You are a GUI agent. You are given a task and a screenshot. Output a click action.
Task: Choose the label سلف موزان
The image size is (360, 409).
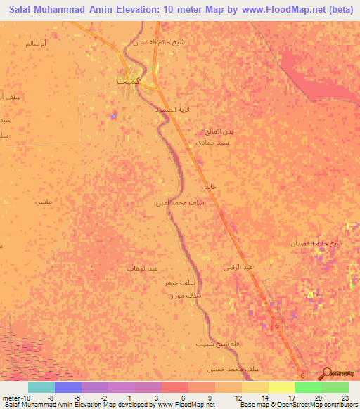[x=185, y=297]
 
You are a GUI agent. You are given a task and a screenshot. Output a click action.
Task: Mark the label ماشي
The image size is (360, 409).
[x=44, y=201]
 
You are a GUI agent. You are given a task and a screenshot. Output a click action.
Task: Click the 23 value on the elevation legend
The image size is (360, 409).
[x=345, y=397]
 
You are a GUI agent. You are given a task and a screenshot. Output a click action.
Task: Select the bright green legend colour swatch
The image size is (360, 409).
[x=308, y=387]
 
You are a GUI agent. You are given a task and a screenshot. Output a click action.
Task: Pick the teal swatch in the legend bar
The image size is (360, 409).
[x=41, y=387]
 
